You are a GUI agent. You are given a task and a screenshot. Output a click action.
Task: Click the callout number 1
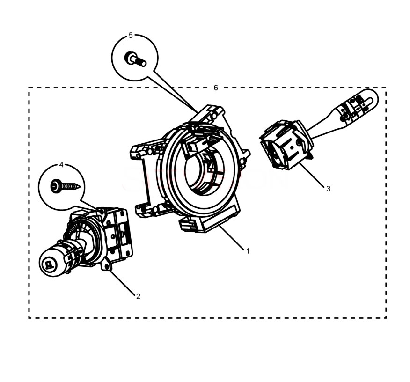coord(248,251)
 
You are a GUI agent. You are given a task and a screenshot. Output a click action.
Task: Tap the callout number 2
coord(138,296)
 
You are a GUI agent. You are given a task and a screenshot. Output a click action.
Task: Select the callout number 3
coord(329,189)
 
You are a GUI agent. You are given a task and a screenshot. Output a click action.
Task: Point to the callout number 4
coord(61,165)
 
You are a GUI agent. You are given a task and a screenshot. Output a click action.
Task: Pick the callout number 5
coord(131,35)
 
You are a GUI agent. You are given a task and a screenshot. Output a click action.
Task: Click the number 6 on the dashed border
coord(216,88)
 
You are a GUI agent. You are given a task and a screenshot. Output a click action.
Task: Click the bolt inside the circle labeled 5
coord(135,59)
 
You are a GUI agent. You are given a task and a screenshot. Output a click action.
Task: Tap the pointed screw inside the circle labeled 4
coord(65,186)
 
